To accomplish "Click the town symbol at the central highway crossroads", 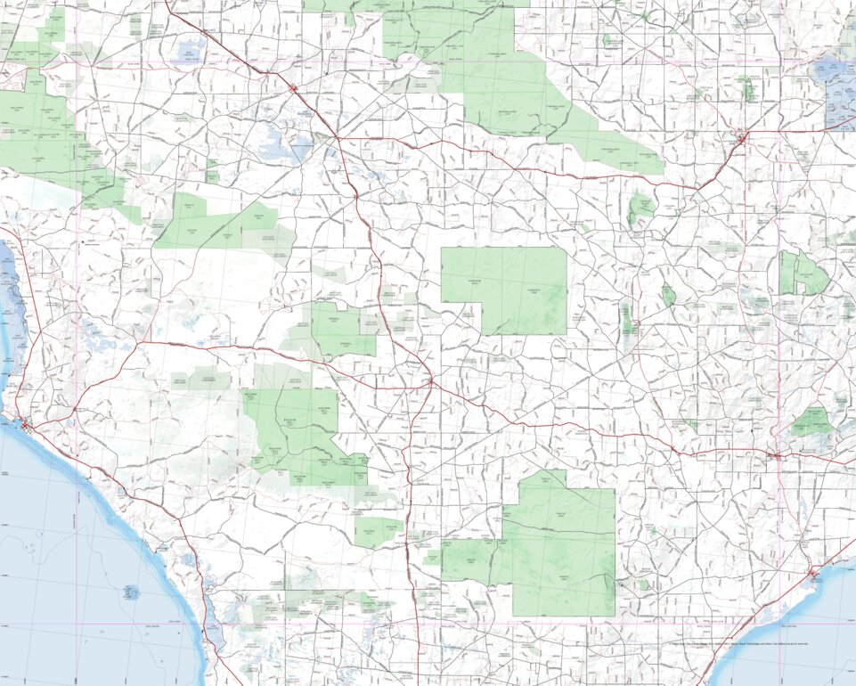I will click(x=430, y=381).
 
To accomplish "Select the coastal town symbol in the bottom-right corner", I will click(x=813, y=575).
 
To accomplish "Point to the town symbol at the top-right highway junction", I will click(x=741, y=138).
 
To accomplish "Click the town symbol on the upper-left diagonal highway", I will click(x=294, y=87).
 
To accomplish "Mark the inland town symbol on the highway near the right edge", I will click(x=777, y=456).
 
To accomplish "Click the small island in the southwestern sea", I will click(x=131, y=591).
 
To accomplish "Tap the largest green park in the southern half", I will click(x=561, y=543).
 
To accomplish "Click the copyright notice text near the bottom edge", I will click(x=739, y=642).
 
